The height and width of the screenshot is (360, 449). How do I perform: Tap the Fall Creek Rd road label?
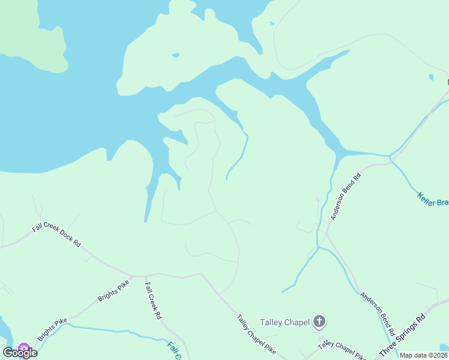point(154,300)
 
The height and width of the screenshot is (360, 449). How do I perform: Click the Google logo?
point(20,353)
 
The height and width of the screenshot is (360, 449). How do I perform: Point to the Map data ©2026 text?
point(424,355)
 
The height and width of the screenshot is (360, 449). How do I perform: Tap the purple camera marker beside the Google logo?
point(24,348)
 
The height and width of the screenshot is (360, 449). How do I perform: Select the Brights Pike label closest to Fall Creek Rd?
point(113,290)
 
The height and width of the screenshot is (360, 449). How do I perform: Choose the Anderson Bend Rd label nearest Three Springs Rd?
point(378,313)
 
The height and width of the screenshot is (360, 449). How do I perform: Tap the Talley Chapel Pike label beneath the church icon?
point(342,349)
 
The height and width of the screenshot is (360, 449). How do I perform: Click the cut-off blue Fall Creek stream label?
point(173,351)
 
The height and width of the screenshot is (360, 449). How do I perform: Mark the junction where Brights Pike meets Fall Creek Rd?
point(145,277)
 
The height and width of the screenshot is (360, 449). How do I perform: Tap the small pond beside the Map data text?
point(445,348)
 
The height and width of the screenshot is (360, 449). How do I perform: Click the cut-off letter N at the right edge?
point(447,82)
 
